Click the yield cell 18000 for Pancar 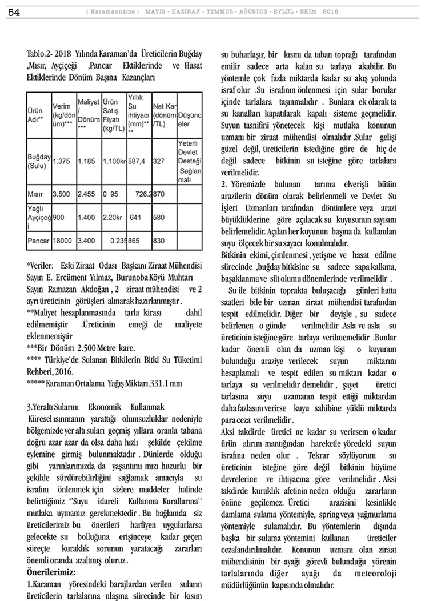pyautogui.click(x=63, y=241)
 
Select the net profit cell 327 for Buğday pyautogui.click(x=159, y=161)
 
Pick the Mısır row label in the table pyautogui.click(x=37, y=194)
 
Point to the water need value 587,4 pyautogui.click(x=138, y=161)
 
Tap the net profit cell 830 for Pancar pyautogui.click(x=159, y=241)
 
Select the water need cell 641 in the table pyautogui.click(x=136, y=217)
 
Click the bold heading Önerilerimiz pyautogui.click(x=53, y=571)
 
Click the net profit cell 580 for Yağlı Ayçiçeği pyautogui.click(x=159, y=217)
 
